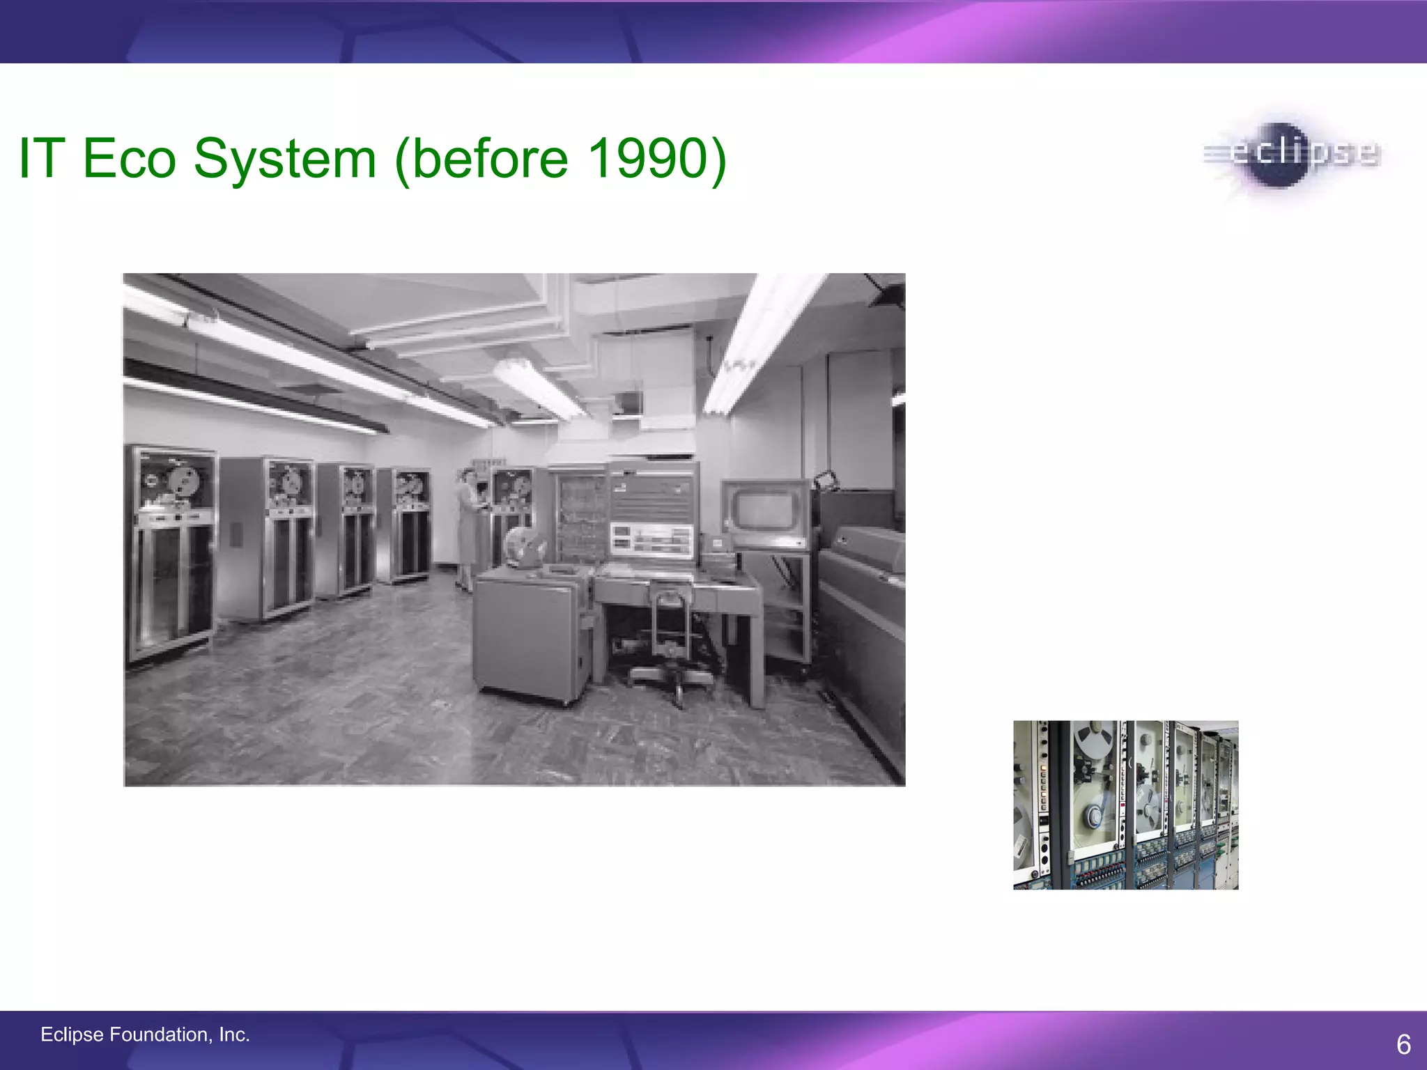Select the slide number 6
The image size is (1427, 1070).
(1403, 1044)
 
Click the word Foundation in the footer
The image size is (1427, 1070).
(160, 1034)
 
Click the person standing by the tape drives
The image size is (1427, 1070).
(468, 529)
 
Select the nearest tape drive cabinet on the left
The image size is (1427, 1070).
(171, 554)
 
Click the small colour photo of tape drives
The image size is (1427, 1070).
(1125, 805)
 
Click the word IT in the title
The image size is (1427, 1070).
(42, 158)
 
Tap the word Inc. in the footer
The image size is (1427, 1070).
(234, 1034)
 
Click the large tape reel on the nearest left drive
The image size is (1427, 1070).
(184, 479)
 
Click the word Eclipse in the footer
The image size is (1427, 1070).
(72, 1034)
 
